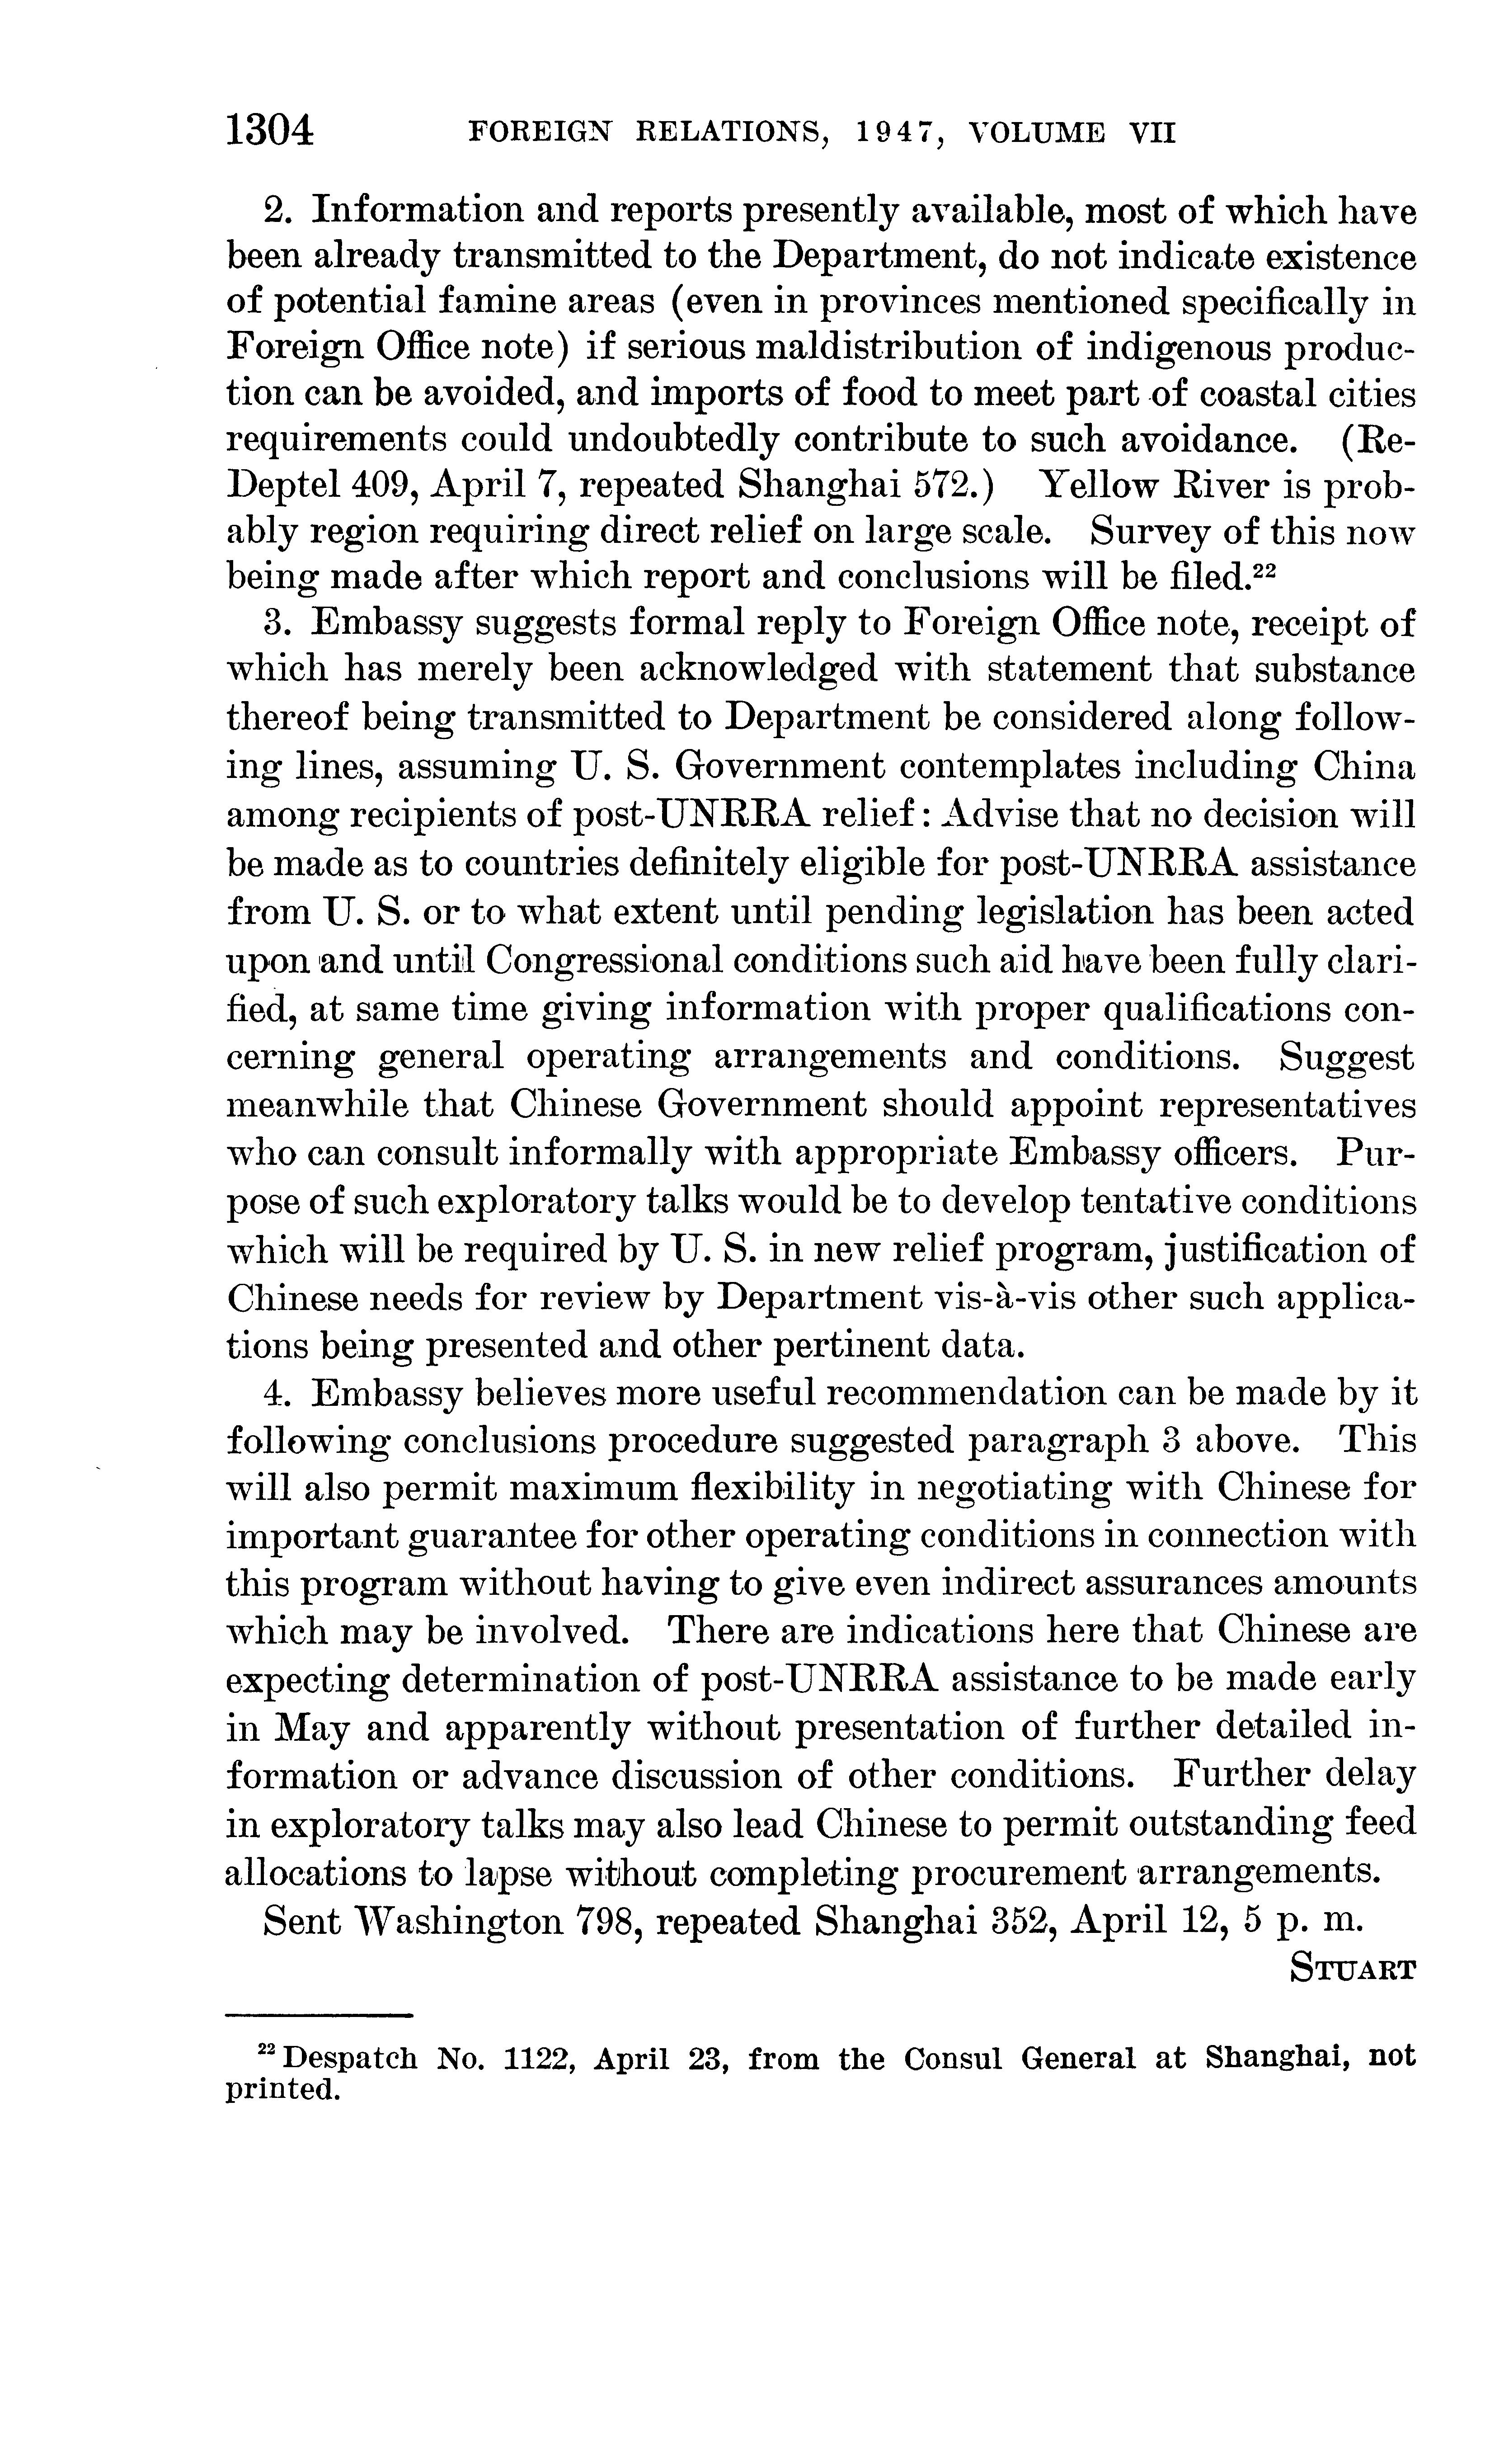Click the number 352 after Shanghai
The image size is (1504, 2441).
point(1025,1920)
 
